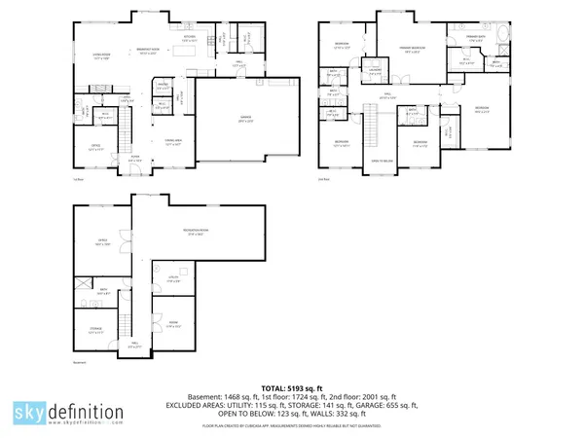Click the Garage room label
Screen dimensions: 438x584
(232, 120)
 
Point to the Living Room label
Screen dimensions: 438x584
(100, 55)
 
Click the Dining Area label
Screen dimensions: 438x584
(174, 141)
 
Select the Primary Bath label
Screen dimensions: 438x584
(480, 40)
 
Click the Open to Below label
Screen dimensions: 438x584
(382, 162)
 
